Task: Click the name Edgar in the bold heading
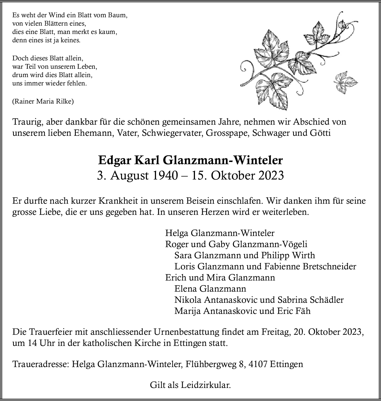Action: (x=114, y=161)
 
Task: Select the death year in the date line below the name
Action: (x=270, y=176)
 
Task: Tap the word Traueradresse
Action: (x=41, y=364)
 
